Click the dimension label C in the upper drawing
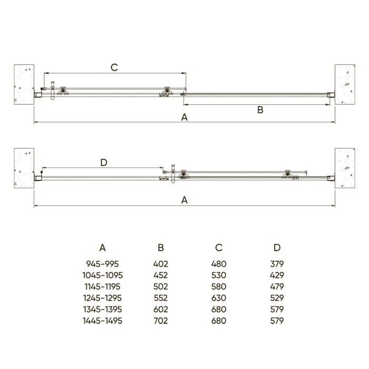[113, 67]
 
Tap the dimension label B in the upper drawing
[259, 110]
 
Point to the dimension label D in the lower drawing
[104, 162]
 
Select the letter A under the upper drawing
[184, 118]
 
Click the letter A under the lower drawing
[184, 200]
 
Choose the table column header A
[103, 248]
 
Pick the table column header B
[161, 248]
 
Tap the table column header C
[219, 248]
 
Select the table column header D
[277, 248]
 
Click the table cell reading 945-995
[103, 264]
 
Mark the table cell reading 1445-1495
[103, 321]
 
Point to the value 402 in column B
[161, 264]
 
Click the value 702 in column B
[161, 321]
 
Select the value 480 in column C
[219, 264]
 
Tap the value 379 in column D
[277, 264]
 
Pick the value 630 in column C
[219, 298]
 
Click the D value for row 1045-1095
[277, 275]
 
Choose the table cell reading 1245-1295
[103, 298]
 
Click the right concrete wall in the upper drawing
[345, 84]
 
